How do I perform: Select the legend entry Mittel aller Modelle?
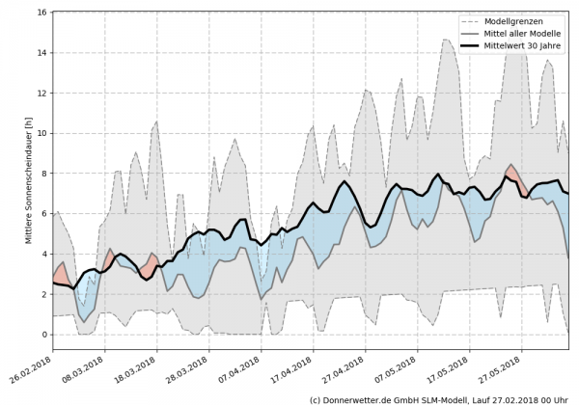coord(521,33)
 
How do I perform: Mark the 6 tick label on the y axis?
coord(45,214)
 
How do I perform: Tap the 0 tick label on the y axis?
coord(45,335)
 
